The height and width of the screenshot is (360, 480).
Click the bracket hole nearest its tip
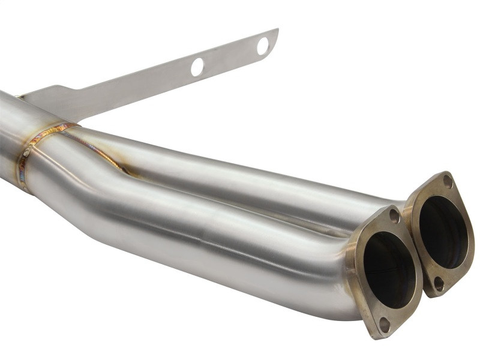(x=263, y=46)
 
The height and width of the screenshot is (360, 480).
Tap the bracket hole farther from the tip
(x=197, y=67)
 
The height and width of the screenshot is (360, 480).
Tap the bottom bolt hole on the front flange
(x=384, y=323)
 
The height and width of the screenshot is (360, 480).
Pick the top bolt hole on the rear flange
(x=447, y=181)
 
